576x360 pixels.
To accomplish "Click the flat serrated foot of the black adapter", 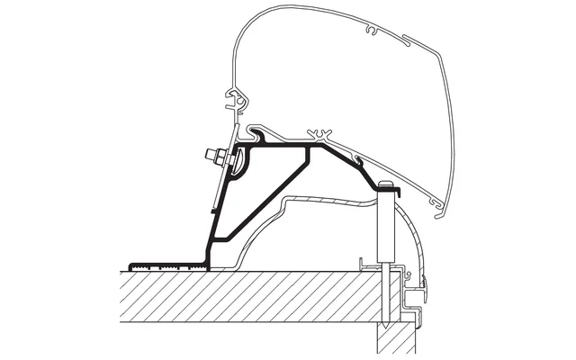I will click(x=166, y=265).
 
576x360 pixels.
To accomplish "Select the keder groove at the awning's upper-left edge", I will click(x=237, y=102).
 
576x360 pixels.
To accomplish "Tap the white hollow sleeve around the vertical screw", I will click(x=386, y=225).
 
